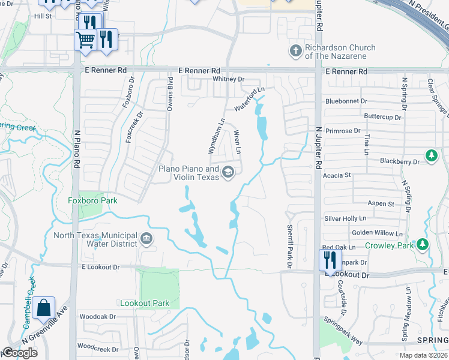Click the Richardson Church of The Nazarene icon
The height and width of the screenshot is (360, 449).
[x=295, y=52]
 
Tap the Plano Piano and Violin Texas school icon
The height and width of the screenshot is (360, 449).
[x=228, y=173]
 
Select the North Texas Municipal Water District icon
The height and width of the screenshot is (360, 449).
[x=146, y=239]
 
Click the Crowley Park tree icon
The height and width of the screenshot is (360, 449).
[x=423, y=245]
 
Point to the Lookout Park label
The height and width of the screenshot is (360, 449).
[x=145, y=303]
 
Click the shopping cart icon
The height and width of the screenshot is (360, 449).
[x=85, y=40]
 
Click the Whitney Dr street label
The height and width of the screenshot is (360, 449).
[x=229, y=79]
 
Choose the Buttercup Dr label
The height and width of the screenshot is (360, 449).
[x=382, y=116]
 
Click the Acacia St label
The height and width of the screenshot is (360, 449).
[x=337, y=175]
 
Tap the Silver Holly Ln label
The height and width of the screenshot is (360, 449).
[x=345, y=219]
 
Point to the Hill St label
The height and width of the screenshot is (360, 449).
[x=43, y=16]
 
